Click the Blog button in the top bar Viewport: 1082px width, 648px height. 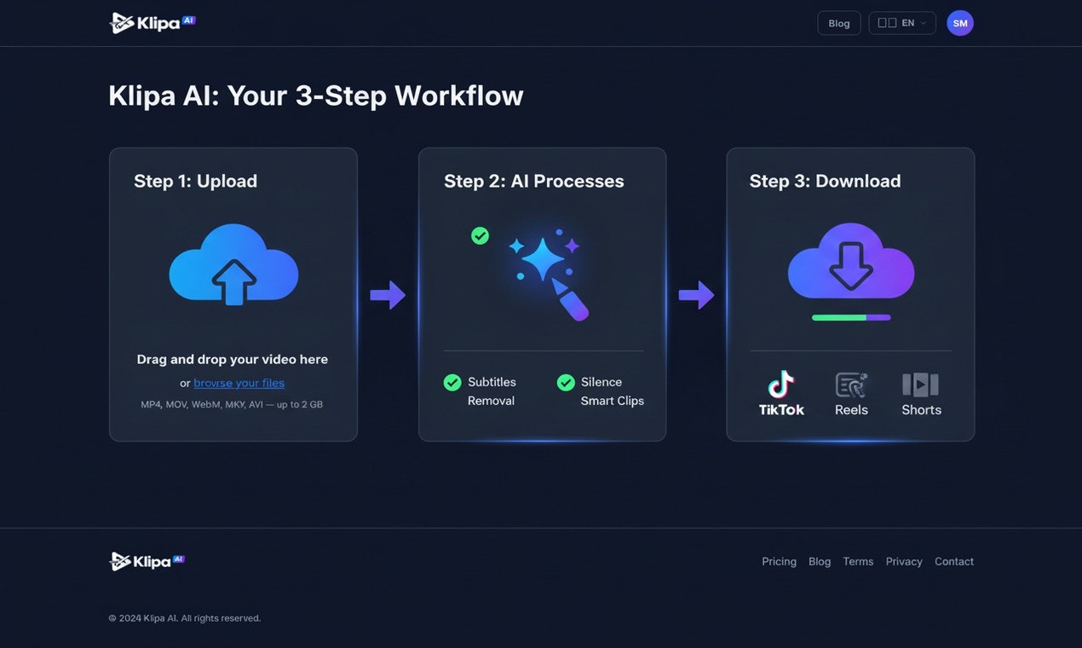pyautogui.click(x=839, y=23)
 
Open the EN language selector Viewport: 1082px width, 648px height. pyautogui.click(x=902, y=23)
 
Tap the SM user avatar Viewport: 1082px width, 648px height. pyautogui.click(x=960, y=23)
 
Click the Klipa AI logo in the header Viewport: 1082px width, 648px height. pyautogui.click(x=153, y=23)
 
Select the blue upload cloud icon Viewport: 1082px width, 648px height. pyautogui.click(x=233, y=264)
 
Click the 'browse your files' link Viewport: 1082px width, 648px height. pyautogui.click(x=239, y=383)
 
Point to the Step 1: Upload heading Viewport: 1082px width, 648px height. pyautogui.click(x=195, y=181)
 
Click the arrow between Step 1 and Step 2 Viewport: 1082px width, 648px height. pyautogui.click(x=388, y=295)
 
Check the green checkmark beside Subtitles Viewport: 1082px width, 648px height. pyautogui.click(x=452, y=383)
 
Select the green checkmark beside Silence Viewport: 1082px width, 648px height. pyautogui.click(x=566, y=383)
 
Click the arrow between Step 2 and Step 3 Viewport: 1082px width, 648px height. pyautogui.click(x=696, y=295)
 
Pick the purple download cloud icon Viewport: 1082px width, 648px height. pyautogui.click(x=851, y=261)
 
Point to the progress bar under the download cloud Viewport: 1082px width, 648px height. pyautogui.click(x=851, y=317)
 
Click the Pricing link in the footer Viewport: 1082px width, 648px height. pyautogui.click(x=779, y=561)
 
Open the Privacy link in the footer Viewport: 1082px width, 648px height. pyautogui.click(x=904, y=561)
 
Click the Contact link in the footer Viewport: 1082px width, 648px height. pyautogui.click(x=954, y=561)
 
